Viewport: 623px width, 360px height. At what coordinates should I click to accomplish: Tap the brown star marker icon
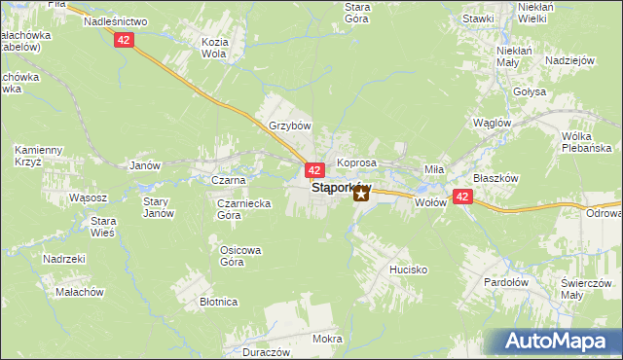pos(361,194)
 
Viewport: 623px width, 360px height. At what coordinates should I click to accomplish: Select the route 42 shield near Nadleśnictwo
pos(123,39)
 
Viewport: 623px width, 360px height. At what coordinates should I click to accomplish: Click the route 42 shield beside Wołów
pos(463,197)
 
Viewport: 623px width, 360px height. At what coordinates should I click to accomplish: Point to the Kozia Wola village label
pos(213,49)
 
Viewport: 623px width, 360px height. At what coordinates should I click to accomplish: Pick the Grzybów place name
pos(289,126)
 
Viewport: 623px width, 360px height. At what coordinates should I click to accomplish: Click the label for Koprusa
pos(356,162)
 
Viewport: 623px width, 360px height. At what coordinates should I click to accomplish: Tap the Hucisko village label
pos(408,270)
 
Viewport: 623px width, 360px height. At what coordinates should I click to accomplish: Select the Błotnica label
pos(219,302)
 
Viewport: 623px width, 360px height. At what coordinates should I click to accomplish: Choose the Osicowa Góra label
pos(239,256)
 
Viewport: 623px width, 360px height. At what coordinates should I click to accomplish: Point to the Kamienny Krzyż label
pos(39,156)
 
